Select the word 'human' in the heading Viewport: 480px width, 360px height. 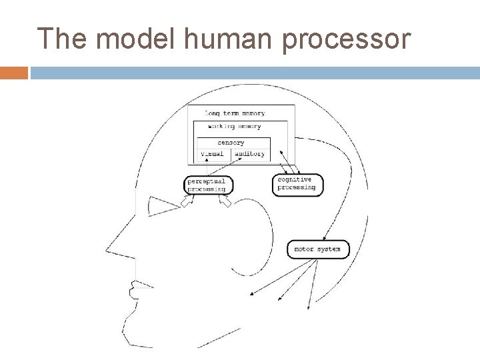pyautogui.click(x=221, y=40)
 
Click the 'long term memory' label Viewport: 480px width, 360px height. pyautogui.click(x=234, y=113)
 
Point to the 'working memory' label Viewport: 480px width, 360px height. pyautogui.click(x=234, y=126)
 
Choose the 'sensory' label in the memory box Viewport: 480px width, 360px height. pyautogui.click(x=231, y=143)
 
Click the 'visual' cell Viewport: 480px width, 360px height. pyautogui.click(x=213, y=154)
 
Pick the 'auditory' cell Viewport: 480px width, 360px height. pyautogui.click(x=250, y=154)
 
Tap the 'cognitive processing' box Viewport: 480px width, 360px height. pyautogui.click(x=297, y=183)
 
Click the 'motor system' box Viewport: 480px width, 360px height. pyautogui.click(x=317, y=249)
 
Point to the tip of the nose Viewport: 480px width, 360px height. pyautogui.click(x=107, y=251)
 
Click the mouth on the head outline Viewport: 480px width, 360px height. pyautogui.click(x=133, y=289)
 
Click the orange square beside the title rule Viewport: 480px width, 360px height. pyautogui.click(x=14, y=72)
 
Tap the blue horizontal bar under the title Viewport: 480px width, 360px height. pyautogui.click(x=253, y=72)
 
